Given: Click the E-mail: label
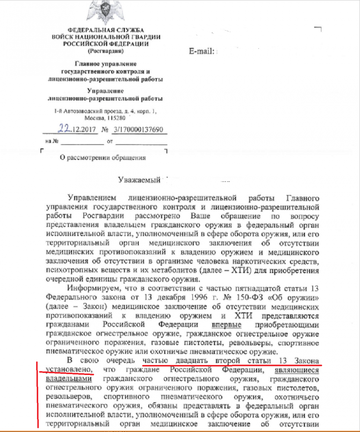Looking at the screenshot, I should [202, 51].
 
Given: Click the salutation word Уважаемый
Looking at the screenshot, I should [140, 179].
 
